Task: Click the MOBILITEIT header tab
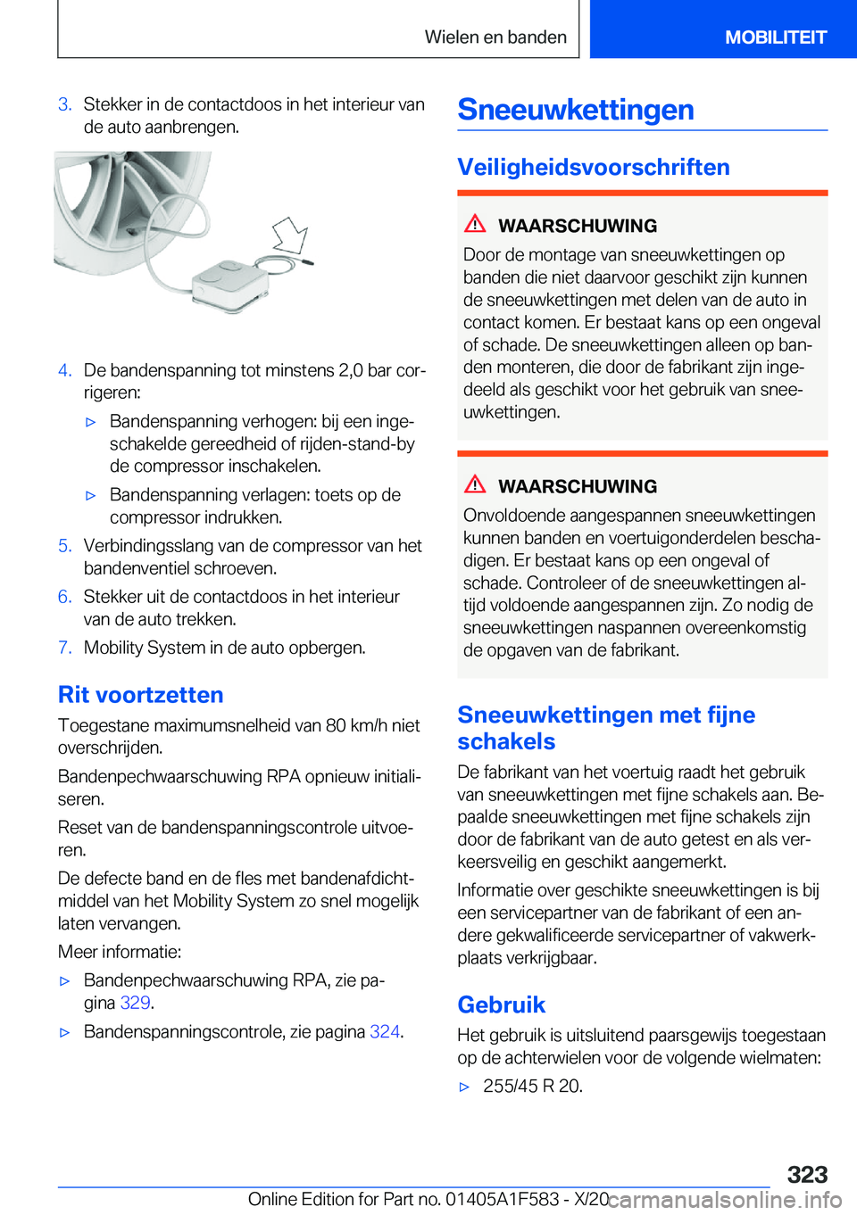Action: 775,37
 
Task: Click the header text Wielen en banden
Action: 495,37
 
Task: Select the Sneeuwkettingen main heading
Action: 576,110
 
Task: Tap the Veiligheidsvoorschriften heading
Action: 594,167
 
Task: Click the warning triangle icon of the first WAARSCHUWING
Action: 475,224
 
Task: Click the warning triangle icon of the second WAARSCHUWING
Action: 475,484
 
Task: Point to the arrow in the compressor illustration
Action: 290,236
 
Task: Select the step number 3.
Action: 64,104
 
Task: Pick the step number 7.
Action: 64,648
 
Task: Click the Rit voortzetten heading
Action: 141,695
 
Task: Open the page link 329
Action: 135,1003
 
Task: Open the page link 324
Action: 385,1031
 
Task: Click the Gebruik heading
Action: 501,1004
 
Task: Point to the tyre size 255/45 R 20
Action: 532,1086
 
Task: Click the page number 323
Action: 807,1174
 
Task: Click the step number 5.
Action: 64,546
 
